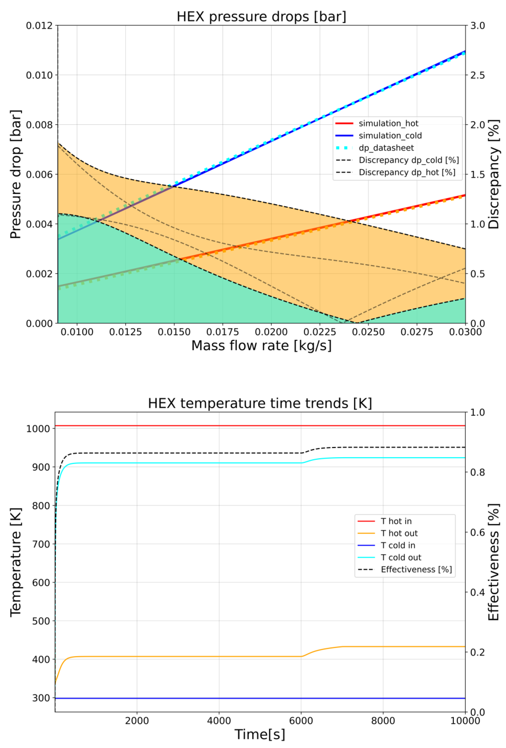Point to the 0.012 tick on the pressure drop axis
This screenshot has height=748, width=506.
(39, 25)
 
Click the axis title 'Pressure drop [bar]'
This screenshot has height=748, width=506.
(16, 174)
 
